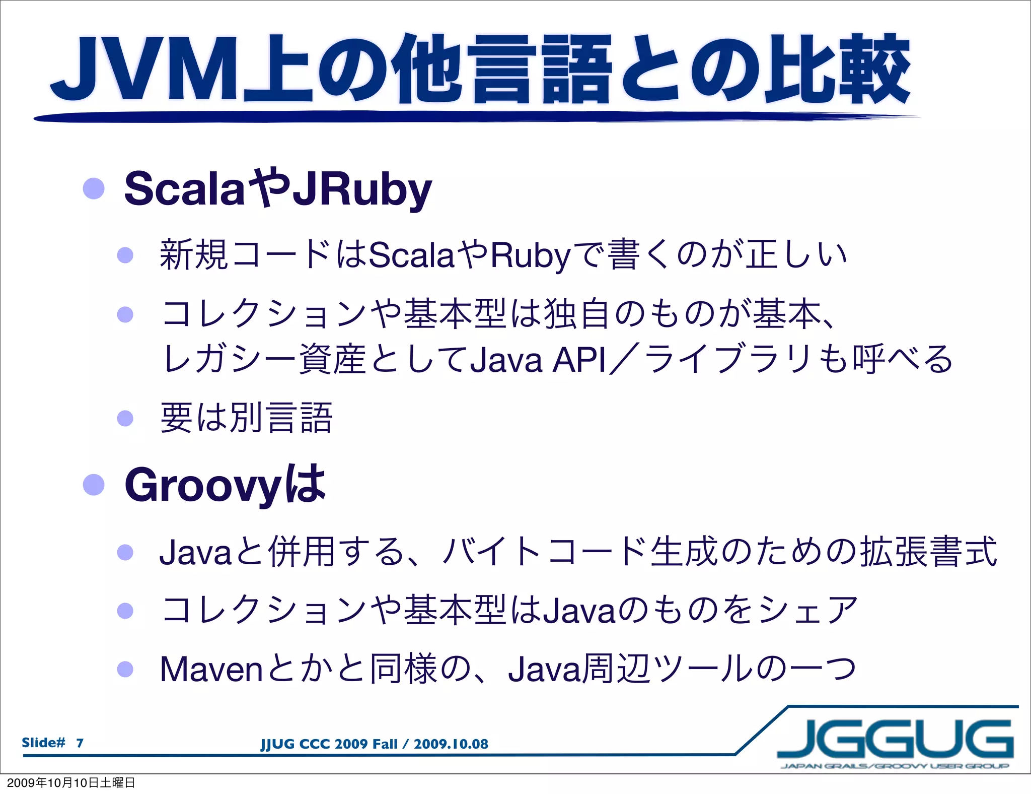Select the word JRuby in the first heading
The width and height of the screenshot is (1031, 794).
(362, 189)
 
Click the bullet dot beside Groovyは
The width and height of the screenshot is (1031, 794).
(94, 485)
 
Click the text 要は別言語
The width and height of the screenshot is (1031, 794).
(246, 418)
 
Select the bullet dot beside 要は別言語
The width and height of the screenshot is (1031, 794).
(125, 418)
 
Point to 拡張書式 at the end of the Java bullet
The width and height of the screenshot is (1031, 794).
(928, 552)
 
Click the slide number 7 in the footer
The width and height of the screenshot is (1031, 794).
(80, 743)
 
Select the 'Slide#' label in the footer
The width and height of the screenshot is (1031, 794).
(43, 743)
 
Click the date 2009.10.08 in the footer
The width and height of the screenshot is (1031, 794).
(451, 744)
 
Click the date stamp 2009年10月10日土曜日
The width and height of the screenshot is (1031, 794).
(71, 782)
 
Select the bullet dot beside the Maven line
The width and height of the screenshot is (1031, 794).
(125, 670)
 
